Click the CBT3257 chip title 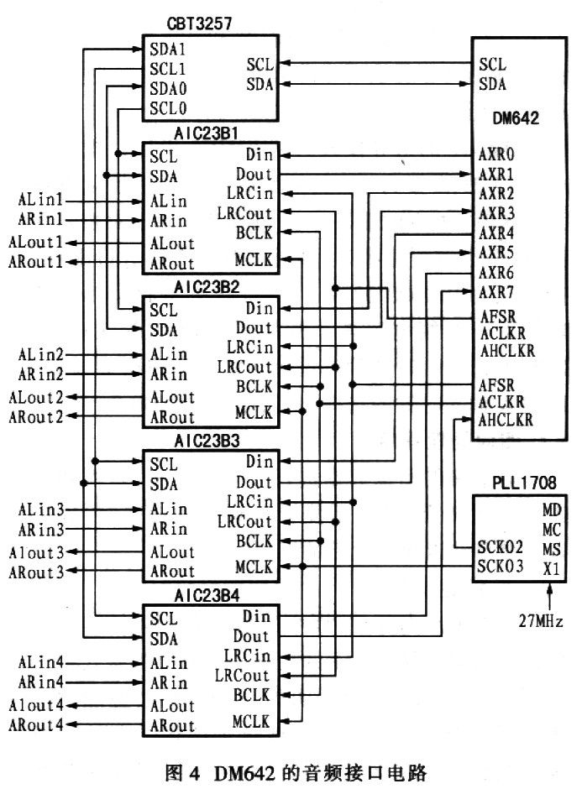coord(199,24)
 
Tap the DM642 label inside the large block coord(516,118)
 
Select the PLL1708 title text coord(524,483)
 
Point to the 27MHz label coord(541,621)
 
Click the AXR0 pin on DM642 coord(496,154)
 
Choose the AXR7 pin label coord(496,292)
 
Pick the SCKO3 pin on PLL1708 coord(501,567)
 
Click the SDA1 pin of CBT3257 coord(168,50)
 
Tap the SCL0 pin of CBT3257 coord(168,108)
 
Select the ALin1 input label coord(41,201)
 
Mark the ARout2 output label coord(36,417)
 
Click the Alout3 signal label coord(37,553)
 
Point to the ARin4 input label coord(41,682)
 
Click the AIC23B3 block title coord(207,442)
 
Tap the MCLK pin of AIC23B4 coord(252,722)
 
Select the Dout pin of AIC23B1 coord(254,174)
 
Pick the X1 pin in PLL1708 coord(552,569)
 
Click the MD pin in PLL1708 coord(552,510)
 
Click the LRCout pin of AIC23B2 coord(244,368)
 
